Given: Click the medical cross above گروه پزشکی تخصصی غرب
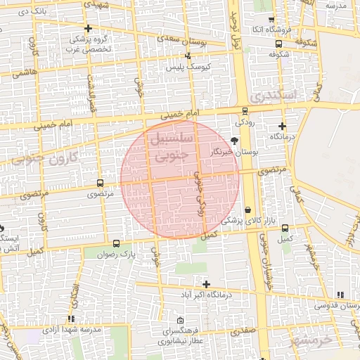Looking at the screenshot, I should (88, 29).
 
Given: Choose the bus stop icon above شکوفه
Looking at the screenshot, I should (279, 42).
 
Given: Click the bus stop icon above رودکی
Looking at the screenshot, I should (244, 110).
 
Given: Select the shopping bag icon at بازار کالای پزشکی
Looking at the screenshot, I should (248, 210).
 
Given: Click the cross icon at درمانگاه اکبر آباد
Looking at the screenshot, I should (206, 283).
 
